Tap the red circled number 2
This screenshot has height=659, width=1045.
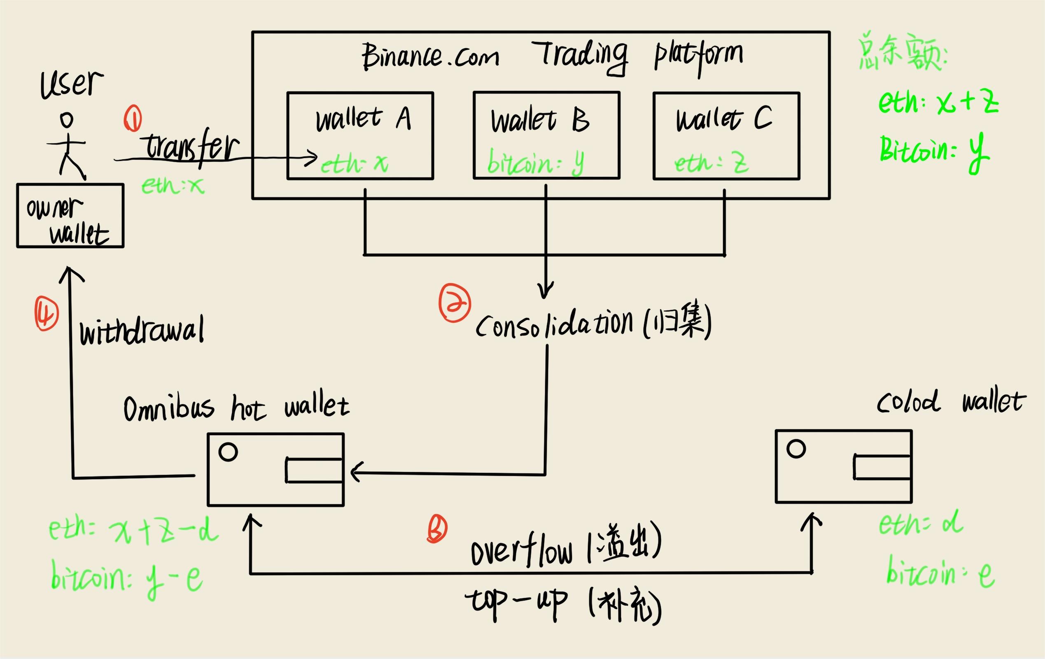tap(455, 303)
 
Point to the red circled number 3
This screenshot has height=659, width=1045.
tap(436, 529)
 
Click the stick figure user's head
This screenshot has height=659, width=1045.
tap(67, 120)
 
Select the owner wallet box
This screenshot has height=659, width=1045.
tap(70, 216)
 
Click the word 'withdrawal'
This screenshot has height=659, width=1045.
tap(142, 332)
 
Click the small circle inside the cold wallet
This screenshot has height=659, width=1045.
tap(795, 449)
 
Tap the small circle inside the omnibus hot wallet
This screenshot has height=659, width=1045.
tap(228, 452)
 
